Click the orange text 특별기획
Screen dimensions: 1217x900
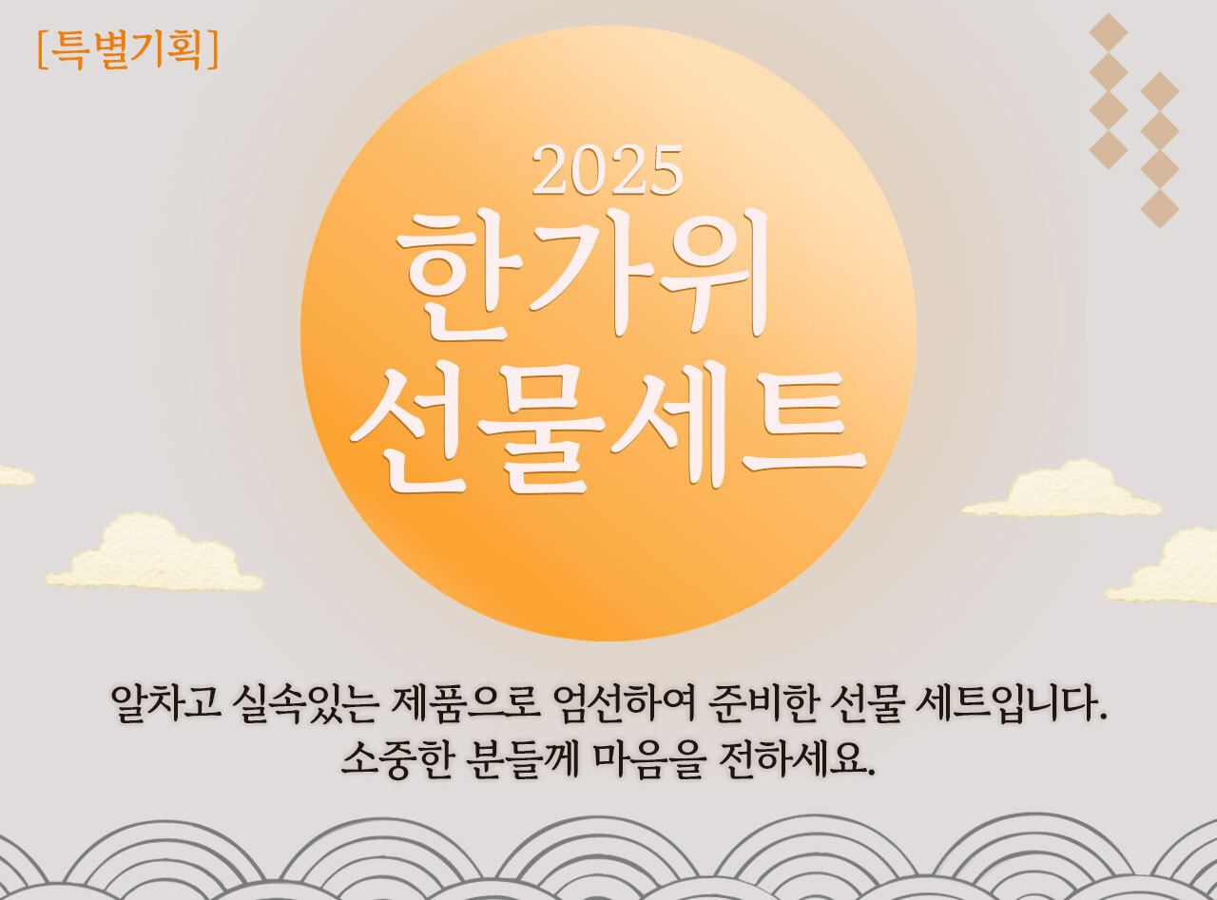pyautogui.click(x=127, y=49)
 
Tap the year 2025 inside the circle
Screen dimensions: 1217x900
pyautogui.click(x=608, y=170)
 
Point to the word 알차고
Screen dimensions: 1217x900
pyautogui.click(x=166, y=703)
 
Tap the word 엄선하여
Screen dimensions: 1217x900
pyautogui.click(x=624, y=703)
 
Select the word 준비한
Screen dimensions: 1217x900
pyautogui.click(x=763, y=703)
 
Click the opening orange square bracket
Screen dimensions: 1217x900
pyautogui.click(x=43, y=50)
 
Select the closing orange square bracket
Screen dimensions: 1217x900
pyautogui.click(x=213, y=50)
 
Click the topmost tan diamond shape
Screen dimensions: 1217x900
pyautogui.click(x=1109, y=32)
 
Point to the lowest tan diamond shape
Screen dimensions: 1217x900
pyautogui.click(x=1160, y=208)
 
